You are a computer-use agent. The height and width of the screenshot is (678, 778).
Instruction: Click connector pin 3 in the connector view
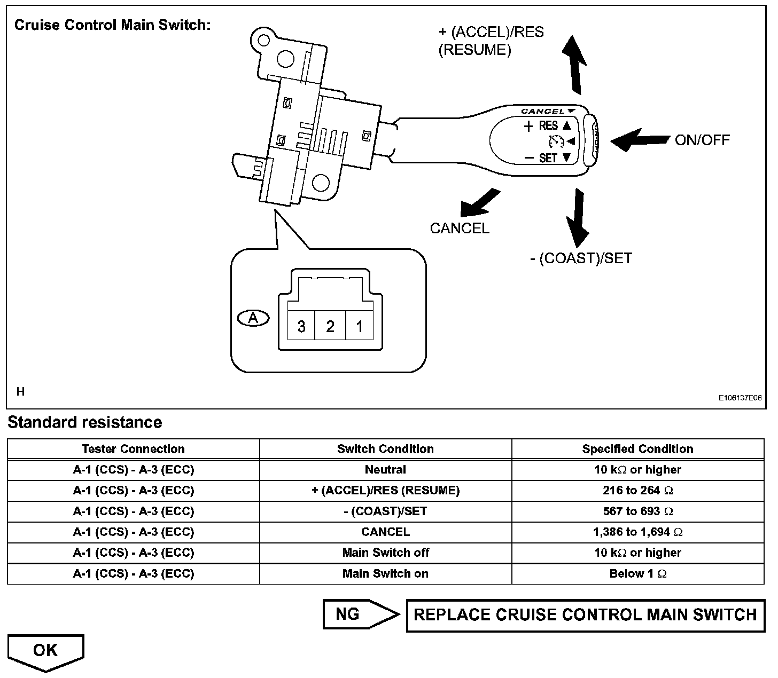(301, 326)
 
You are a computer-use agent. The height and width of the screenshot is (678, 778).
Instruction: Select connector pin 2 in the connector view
(330, 326)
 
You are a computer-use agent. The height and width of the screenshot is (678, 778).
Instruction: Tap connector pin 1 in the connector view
(359, 326)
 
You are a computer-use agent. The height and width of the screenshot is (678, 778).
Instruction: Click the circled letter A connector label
(253, 318)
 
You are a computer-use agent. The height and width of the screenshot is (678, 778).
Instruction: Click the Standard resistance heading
(84, 422)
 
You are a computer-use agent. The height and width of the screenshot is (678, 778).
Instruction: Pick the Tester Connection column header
(133, 449)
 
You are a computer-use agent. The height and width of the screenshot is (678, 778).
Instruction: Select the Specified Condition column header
(637, 449)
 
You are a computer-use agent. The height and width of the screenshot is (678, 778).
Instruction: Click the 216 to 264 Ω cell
(637, 490)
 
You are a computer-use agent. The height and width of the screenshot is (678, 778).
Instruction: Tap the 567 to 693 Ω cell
(637, 511)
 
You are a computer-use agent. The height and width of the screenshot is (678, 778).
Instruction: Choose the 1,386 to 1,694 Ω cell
(637, 532)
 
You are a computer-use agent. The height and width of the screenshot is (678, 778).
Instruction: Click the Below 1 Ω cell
(637, 573)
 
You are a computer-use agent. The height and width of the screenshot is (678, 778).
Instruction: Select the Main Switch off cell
(385, 553)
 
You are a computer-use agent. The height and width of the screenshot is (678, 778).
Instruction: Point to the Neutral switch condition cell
(385, 470)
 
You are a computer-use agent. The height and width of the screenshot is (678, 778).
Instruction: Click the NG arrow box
(359, 614)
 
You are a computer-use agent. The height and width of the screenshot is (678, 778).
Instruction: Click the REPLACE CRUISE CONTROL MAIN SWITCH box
(585, 614)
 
